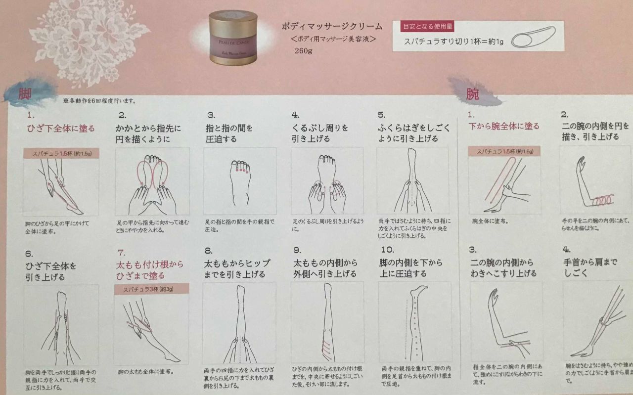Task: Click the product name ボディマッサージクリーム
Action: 332,26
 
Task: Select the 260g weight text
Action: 303,50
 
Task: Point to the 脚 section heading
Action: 25,94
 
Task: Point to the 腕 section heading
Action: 472,94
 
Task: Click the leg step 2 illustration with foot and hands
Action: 152,181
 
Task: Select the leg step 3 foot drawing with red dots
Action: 240,181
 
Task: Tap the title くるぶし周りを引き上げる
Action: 320,133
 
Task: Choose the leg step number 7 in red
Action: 122,252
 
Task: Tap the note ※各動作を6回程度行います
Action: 99,101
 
